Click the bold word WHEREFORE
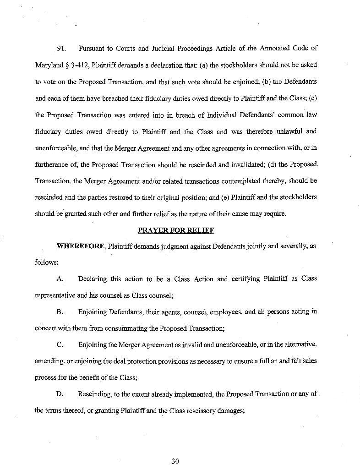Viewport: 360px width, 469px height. click(81, 246)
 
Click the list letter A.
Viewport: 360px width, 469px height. click(60, 279)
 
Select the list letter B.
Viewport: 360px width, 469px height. click(60, 312)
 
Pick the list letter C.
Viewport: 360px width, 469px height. click(60, 345)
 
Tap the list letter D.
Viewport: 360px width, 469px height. click(60, 394)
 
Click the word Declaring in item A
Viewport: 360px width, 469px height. click(93, 279)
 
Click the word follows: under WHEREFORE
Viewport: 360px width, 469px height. click(45, 263)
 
